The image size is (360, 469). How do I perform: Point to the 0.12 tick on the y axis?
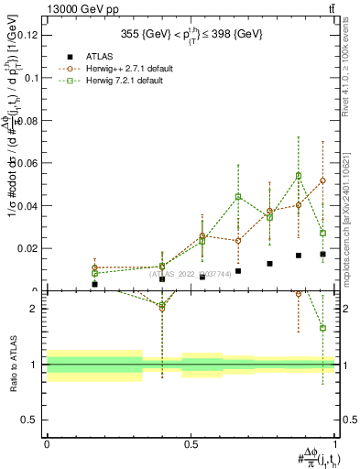point(29,36)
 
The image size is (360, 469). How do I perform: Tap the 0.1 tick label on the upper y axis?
point(33,78)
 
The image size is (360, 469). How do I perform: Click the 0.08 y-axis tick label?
point(29,121)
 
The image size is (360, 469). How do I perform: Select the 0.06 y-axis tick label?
point(29,163)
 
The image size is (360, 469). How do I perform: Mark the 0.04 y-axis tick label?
point(29,206)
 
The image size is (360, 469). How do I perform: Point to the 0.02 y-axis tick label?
point(29,248)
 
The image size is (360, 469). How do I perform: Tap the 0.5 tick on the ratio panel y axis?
point(33,420)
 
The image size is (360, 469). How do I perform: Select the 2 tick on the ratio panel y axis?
point(38,309)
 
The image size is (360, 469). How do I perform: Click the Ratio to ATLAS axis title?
point(11,362)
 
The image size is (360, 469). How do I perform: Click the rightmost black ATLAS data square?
point(322,254)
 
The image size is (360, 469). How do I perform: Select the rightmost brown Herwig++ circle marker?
point(322,180)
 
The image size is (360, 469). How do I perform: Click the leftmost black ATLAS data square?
point(94,284)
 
